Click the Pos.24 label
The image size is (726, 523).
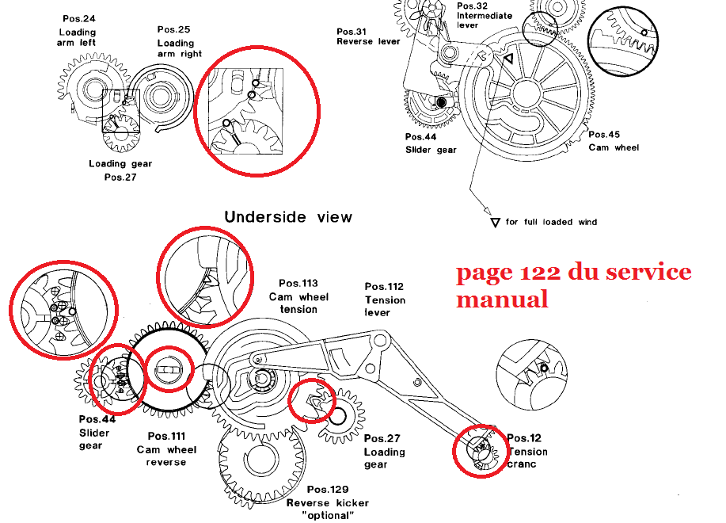click(x=77, y=17)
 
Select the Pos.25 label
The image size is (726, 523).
click(x=173, y=29)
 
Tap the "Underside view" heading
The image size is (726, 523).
click(x=287, y=216)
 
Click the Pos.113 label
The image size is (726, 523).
click(x=298, y=283)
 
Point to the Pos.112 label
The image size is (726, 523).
click(x=384, y=287)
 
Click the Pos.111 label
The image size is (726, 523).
click(x=166, y=437)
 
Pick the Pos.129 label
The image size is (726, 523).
click(x=328, y=490)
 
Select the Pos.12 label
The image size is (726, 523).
click(x=524, y=438)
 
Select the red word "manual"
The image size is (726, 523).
click(x=502, y=300)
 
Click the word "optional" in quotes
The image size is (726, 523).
click(x=328, y=515)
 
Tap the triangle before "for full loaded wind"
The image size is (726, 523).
click(x=496, y=223)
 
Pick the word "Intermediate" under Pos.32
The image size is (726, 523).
click(x=485, y=15)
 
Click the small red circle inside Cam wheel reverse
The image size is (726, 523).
click(x=169, y=368)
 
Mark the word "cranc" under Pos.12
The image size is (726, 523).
click(x=523, y=464)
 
